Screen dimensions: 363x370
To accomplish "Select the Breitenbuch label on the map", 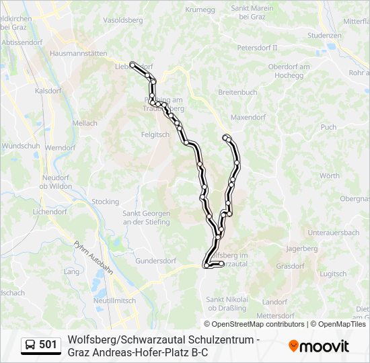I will pos(237,92).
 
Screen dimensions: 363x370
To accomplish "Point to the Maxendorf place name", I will pos(248,117).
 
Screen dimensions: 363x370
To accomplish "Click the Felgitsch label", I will pos(155,134).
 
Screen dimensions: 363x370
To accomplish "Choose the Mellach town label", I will pos(85,123).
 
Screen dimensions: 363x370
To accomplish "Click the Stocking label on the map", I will pos(105,202).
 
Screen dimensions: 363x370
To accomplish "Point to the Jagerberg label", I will pos(301,248).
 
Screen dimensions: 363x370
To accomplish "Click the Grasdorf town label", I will pos(290,266).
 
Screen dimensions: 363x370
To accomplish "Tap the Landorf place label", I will pos(274,301).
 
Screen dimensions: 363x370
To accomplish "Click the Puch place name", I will pos(328,126).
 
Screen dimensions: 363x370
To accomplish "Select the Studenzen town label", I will pos(324,35).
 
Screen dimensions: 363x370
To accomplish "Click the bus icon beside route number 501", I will pos(31,346).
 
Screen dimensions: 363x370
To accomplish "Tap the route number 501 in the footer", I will pos(48,346).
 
